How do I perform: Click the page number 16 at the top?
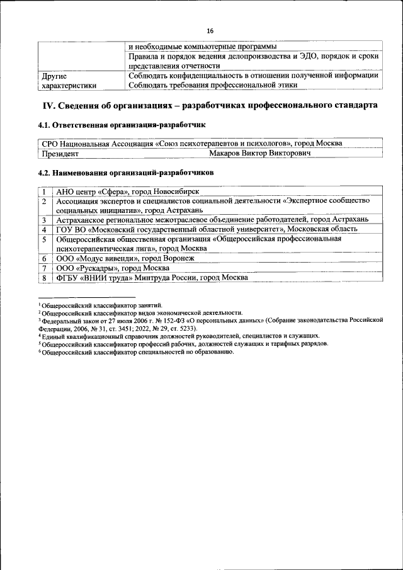point(210,31)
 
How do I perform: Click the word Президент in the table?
point(60,153)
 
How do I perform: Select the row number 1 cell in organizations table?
point(44,191)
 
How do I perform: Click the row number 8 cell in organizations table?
point(44,277)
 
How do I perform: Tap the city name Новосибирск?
point(170,191)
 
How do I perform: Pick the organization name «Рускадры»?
point(96,268)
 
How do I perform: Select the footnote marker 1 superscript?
point(40,304)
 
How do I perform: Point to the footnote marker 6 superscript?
point(40,350)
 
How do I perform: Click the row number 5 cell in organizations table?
point(44,239)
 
